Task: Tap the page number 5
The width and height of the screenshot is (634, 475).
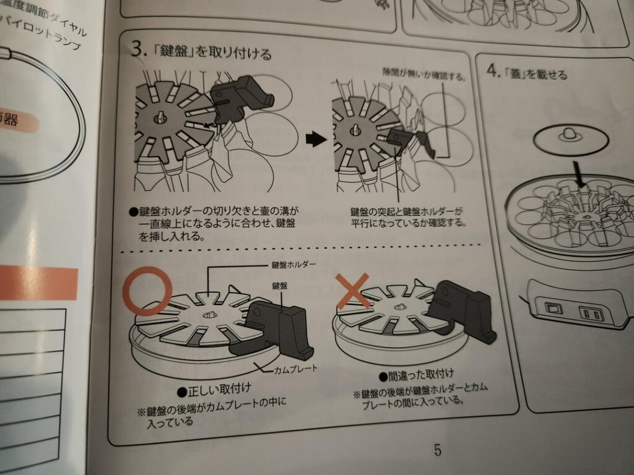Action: [x=438, y=450]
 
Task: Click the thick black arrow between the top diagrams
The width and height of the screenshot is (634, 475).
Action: [x=316, y=140]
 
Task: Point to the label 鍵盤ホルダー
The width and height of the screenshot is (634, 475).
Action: [x=293, y=265]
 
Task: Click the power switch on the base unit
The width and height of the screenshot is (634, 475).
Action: [x=553, y=307]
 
